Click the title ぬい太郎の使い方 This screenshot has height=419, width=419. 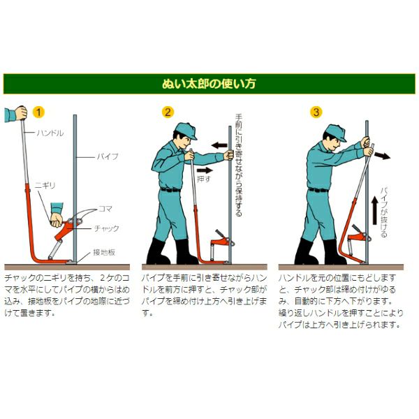pyautogui.click(x=209, y=84)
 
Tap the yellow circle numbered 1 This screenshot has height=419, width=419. pyautogui.click(x=38, y=112)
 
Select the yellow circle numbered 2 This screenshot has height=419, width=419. pyautogui.click(x=168, y=112)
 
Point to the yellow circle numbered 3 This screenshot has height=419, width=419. pyautogui.click(x=316, y=112)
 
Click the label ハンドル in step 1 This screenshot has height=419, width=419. pyautogui.click(x=50, y=133)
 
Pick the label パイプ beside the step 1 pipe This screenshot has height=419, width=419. pyautogui.click(x=108, y=156)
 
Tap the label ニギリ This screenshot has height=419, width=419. pyautogui.click(x=45, y=186)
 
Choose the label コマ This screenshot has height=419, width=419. pyautogui.click(x=105, y=209)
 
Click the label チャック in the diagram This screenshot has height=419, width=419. pyautogui.click(x=106, y=228)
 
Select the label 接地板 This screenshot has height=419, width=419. pyautogui.click(x=104, y=252)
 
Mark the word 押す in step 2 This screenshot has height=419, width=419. pyautogui.click(x=204, y=179)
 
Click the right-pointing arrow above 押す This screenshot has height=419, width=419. pyautogui.click(x=205, y=170)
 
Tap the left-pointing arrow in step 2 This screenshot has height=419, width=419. pyautogui.click(x=219, y=145)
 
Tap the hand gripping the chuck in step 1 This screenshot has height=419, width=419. pyautogui.click(x=57, y=220)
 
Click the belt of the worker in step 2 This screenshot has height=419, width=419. pyautogui.click(x=170, y=190)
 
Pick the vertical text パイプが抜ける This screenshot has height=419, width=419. pyautogui.click(x=383, y=212)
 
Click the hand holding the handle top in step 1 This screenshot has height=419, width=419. pyautogui.click(x=22, y=113)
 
